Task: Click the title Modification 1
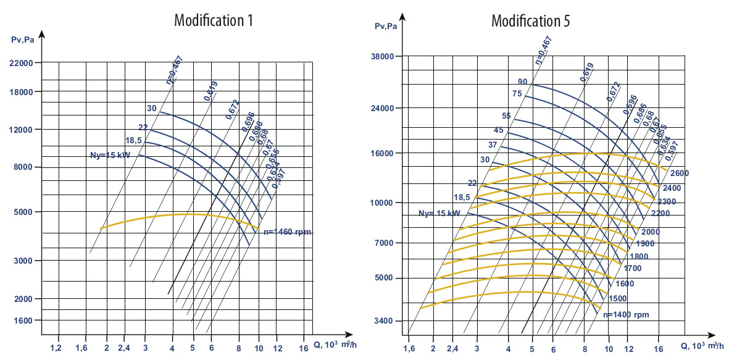point(214,20)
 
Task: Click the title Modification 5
point(530,20)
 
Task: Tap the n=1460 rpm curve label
point(286,232)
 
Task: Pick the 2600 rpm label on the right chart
point(680,173)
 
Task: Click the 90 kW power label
point(522,82)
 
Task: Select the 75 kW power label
point(517,94)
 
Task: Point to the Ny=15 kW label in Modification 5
point(439,213)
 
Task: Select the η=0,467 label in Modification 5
point(543,51)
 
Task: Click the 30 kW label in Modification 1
point(151,109)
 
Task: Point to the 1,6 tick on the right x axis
point(409,348)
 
